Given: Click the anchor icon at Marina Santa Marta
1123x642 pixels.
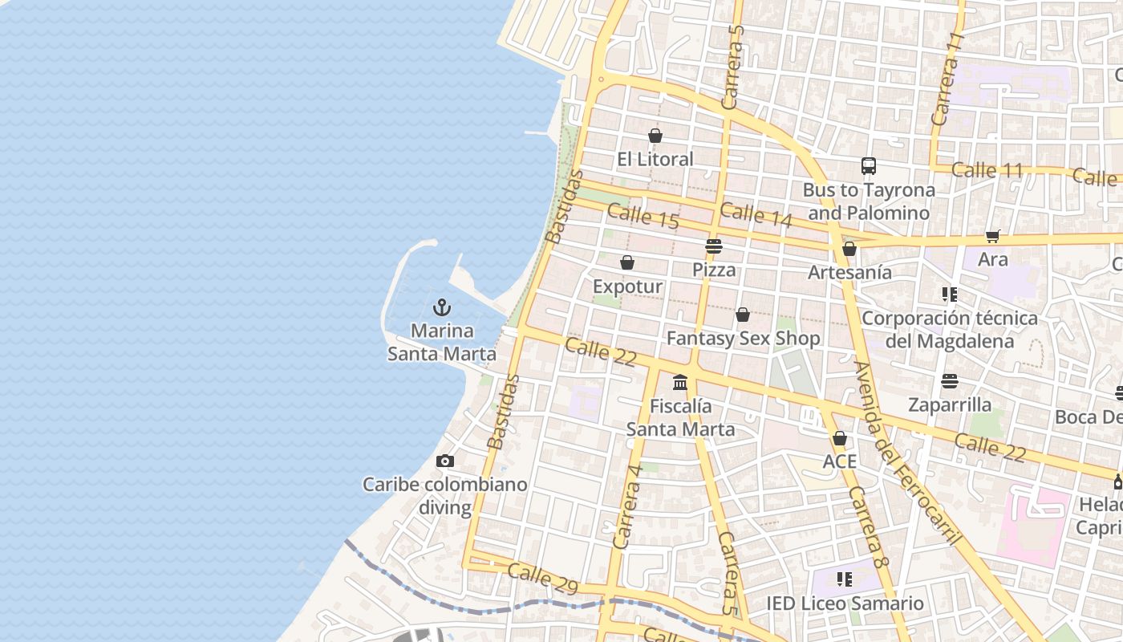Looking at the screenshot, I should [441, 307].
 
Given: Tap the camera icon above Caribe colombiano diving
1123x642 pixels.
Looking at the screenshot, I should [445, 461].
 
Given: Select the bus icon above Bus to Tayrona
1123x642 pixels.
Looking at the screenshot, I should [869, 166].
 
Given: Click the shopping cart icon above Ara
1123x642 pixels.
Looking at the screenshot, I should [993, 236].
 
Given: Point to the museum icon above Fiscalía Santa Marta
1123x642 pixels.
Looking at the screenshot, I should [680, 382].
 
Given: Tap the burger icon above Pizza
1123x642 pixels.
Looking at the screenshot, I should [714, 246].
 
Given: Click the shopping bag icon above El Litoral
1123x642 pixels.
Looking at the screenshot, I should [655, 136].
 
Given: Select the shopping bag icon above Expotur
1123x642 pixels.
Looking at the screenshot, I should [627, 262].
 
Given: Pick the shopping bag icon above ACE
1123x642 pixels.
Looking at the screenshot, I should [840, 438].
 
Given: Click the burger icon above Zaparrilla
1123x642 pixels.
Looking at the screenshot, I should [950, 380].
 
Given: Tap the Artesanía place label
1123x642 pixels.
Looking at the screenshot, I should [849, 272].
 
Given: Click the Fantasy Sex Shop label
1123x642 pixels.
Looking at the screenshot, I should [744, 339].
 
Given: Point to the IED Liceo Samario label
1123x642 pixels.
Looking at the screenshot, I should [845, 603].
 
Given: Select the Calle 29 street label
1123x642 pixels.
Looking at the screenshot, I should [542, 579].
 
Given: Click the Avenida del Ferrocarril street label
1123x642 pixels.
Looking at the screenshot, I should [907, 453].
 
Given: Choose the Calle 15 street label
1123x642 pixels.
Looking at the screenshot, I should [643, 217].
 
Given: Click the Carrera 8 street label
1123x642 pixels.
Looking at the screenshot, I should [869, 528].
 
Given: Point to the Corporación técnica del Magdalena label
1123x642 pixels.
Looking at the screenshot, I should [950, 329].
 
